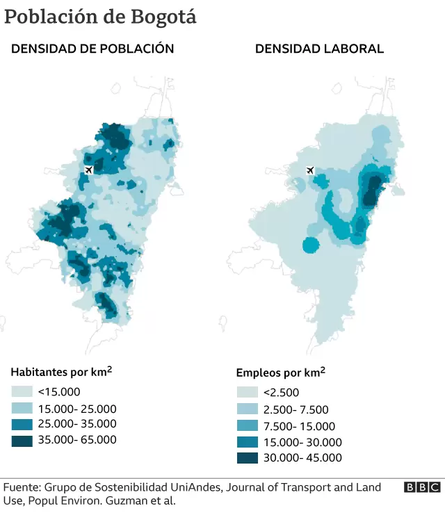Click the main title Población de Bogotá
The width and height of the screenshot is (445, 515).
coord(100,17)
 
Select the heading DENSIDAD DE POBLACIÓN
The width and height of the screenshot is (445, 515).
coord(92,49)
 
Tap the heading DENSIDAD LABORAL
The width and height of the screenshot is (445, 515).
coord(319,49)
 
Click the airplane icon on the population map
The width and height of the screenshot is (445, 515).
coord(88,170)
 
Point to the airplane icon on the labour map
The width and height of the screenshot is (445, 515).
coord(309,170)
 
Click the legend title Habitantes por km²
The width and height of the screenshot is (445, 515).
coord(61,373)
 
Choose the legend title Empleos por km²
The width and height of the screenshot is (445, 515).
coord(280,373)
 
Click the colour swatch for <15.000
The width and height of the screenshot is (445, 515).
coord(22,392)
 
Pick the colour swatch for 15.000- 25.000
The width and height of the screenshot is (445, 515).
coord(22,408)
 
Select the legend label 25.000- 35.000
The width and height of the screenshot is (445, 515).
coord(77,424)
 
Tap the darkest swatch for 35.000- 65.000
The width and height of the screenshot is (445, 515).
coord(22,440)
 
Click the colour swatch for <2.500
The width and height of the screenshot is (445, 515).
coord(247,393)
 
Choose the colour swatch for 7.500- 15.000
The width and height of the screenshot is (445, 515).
coord(247,426)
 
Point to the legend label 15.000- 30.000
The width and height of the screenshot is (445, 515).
coord(302,442)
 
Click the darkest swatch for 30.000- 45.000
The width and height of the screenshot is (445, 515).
coord(247,458)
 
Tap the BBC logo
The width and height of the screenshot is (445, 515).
coord(422,488)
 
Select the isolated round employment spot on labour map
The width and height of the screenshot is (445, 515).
coord(311,244)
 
